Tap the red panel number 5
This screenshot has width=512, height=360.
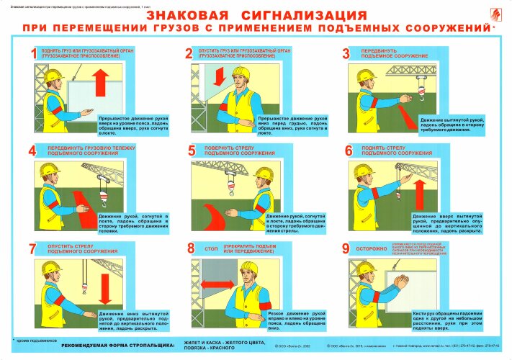[x=192, y=150]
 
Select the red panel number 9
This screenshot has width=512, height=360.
[x=346, y=248]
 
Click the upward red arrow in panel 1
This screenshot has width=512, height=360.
[x=100, y=84]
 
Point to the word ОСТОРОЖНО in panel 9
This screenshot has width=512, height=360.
[x=375, y=248]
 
